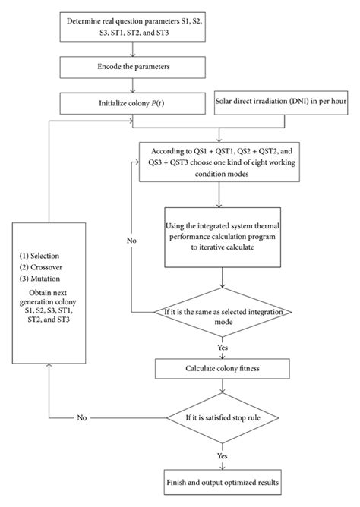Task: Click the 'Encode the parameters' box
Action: (134, 67)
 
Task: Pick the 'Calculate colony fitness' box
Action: (219, 369)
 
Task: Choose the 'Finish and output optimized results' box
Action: (219, 482)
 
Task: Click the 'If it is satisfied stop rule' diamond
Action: (219, 417)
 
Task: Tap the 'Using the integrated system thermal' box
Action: (219, 236)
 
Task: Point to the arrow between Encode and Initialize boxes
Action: (134, 85)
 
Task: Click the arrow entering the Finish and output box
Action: (219, 463)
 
